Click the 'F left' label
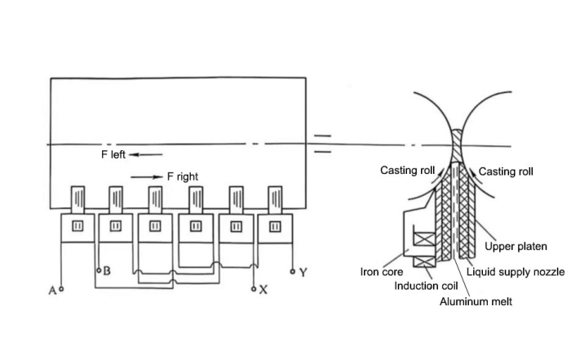[113, 154]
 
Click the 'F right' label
[182, 176]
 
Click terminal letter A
[51, 290]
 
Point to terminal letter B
[107, 270]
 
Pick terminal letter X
[263, 291]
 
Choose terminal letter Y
[303, 272]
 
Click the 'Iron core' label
[382, 272]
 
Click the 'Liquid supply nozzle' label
[516, 272]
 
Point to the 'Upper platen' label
[516, 246]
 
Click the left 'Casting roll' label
[409, 171]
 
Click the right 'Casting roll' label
[506, 171]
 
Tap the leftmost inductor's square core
[78, 226]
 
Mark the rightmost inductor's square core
[275, 226]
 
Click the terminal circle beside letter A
[60, 289]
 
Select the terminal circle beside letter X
[255, 288]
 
